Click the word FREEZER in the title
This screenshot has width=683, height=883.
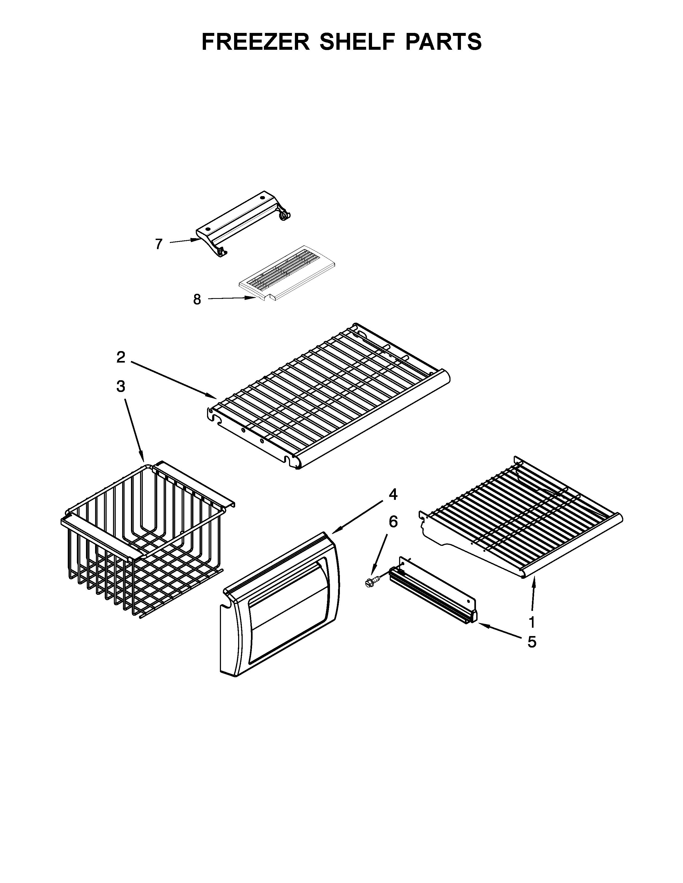[x=255, y=42]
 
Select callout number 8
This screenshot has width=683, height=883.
[x=197, y=300]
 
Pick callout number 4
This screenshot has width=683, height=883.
[x=393, y=494]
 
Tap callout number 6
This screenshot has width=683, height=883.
[x=393, y=522]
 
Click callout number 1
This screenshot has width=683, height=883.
[x=532, y=622]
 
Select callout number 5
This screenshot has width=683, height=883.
[x=532, y=642]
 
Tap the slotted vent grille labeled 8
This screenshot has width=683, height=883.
[x=287, y=275]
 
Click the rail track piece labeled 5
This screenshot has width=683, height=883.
[x=433, y=594]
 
